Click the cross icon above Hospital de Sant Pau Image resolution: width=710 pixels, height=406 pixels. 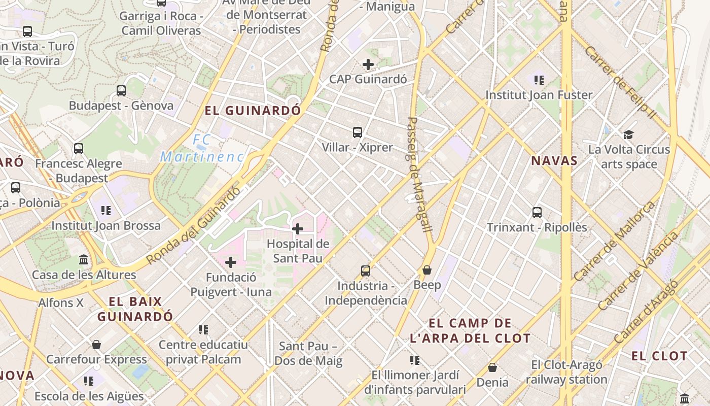pos(298,229)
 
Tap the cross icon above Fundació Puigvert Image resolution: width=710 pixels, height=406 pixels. pos(231,262)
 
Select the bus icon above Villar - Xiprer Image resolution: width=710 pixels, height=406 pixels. pos(358,132)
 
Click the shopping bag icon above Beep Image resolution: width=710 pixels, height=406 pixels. pos(427,270)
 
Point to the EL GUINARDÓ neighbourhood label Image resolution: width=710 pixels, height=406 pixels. pos(253,110)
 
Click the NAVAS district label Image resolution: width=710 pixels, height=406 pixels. pos(554,161)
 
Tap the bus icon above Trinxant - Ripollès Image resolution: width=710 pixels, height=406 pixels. pos(537,213)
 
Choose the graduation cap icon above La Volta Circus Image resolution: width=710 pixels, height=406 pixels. pos(629,134)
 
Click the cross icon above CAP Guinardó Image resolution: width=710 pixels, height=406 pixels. pos(368,64)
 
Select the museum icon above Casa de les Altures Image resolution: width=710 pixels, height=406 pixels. pos(84,260)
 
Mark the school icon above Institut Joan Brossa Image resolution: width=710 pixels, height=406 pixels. pos(106,211)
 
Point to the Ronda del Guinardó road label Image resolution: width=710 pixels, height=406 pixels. pos(194,226)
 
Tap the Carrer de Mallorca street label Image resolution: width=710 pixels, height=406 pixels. pos(615,242)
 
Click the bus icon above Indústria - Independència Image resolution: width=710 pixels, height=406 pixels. pos(366,271)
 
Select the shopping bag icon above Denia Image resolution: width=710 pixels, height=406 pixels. pos(492,367)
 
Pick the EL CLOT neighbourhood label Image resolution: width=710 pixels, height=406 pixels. pos(659,356)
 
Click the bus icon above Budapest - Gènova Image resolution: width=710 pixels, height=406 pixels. pos(121,91)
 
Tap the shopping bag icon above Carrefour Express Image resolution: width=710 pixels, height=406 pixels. pos(96,345)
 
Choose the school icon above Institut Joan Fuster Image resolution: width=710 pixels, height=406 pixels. pos(539,80)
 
